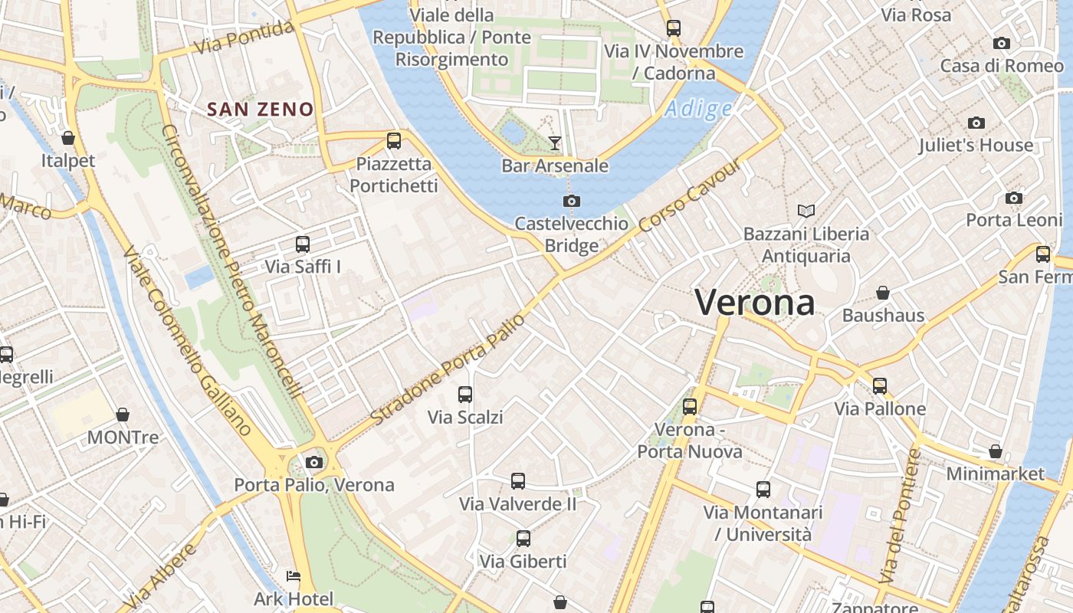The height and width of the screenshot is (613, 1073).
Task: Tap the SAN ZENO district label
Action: click(261, 110)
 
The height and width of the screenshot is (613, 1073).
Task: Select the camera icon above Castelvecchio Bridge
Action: click(571, 201)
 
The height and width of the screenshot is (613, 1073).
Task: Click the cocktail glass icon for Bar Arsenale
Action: click(554, 142)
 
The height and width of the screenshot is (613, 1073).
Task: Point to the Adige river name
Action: click(698, 109)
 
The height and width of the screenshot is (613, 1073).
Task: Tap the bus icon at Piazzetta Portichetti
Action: click(394, 140)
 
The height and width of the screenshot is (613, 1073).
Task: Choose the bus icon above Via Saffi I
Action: click(303, 244)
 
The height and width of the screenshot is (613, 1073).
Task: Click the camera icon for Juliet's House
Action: click(976, 123)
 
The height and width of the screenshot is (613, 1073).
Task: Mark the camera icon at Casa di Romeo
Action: click(1001, 43)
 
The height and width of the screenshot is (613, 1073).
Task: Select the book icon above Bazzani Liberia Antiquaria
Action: click(806, 211)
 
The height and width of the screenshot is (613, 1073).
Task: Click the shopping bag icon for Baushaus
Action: click(883, 293)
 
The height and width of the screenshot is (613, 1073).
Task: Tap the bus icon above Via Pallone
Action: click(880, 386)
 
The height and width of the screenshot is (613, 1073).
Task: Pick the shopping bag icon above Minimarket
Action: click(995, 451)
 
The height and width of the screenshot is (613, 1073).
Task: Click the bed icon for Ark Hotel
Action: click(294, 576)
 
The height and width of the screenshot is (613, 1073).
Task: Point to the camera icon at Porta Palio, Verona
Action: click(313, 462)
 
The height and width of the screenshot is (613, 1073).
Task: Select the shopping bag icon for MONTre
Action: click(123, 415)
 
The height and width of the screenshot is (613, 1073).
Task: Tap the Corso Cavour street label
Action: click(691, 195)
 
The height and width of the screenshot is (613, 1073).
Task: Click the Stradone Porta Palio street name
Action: click(448, 369)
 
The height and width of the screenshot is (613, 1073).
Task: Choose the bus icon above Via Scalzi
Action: click(465, 395)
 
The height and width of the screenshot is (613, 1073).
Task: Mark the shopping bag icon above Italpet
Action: click(68, 138)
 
